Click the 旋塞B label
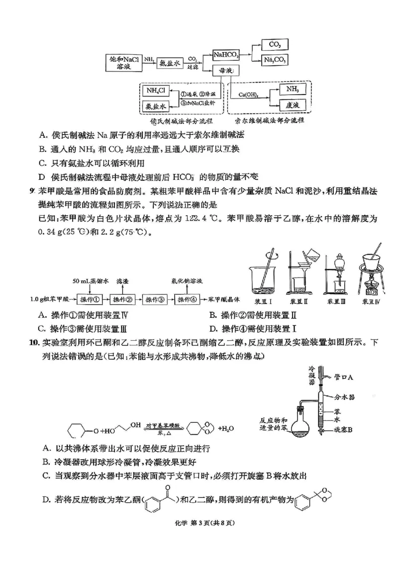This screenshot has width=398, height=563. point(343,429)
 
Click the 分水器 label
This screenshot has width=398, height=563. point(343,398)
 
